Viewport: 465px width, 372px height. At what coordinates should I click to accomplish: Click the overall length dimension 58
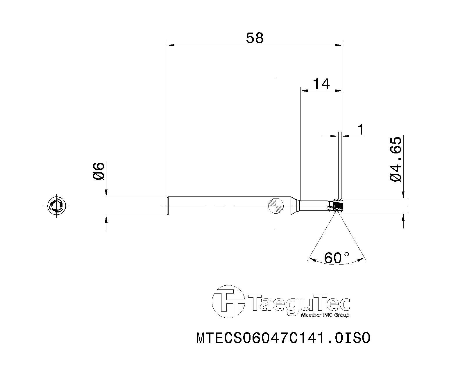pos(255,38)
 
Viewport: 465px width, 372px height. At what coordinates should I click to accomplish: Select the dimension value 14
pos(321,84)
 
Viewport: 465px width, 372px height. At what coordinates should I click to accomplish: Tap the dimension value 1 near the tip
pos(361,130)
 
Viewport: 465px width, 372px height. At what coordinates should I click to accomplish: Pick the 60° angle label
pos(337,257)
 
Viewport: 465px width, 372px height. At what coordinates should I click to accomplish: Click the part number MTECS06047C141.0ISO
pos(283,338)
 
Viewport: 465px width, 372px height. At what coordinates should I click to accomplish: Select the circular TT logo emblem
pos(228,302)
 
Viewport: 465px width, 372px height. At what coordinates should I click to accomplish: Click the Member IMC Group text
pos(325,315)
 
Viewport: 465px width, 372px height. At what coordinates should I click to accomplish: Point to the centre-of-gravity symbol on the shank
pos(276,206)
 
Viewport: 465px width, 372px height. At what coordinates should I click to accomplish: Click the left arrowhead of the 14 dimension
pos(303,91)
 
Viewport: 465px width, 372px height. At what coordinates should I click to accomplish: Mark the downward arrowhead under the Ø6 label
pos(106,193)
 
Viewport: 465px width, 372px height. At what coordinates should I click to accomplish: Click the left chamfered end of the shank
pos(168,206)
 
